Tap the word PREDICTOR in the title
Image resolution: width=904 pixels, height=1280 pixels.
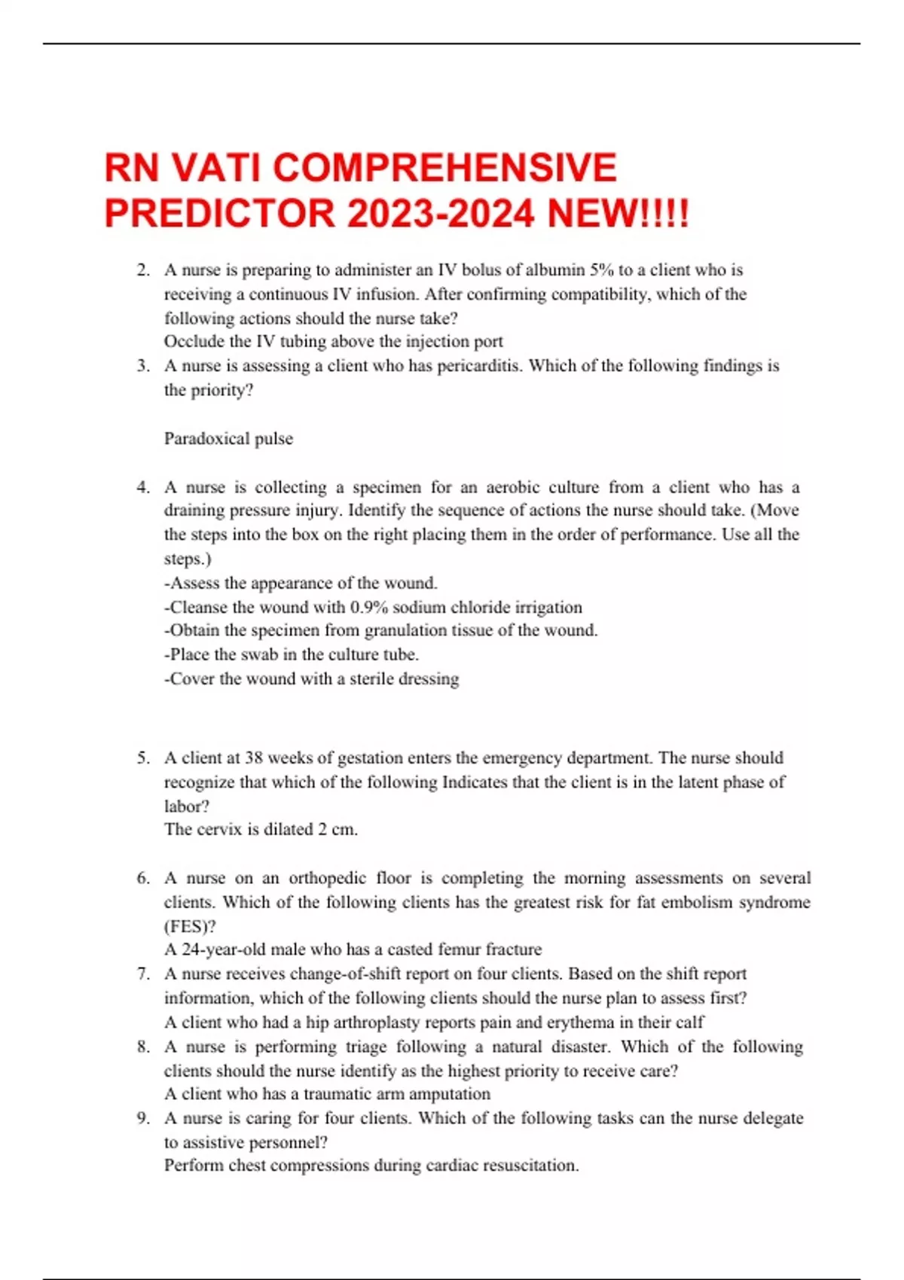coord(219,213)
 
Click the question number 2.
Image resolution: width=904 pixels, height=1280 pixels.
coord(143,270)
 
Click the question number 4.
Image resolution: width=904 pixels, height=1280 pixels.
coord(143,487)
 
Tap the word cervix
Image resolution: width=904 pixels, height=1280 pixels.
coord(219,829)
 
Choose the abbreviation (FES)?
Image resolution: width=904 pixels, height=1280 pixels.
coord(190,926)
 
